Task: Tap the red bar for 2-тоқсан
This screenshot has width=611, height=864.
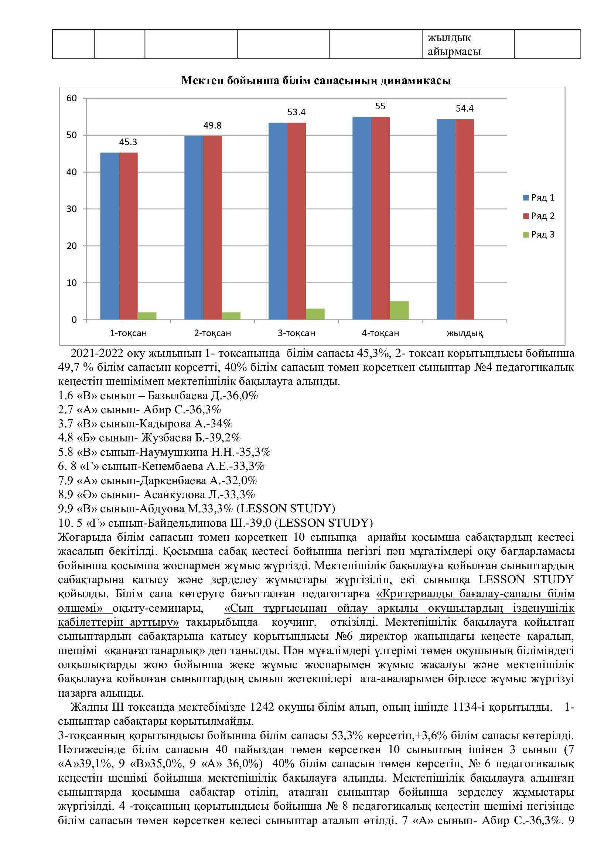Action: coord(212,228)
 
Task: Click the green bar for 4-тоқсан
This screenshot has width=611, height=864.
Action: coord(399,310)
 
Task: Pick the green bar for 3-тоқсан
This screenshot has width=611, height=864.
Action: coord(315,314)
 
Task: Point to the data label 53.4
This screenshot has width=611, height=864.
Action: coord(296,112)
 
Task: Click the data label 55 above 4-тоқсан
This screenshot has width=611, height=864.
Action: coord(380,106)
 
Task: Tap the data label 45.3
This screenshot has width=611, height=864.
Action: coord(128,142)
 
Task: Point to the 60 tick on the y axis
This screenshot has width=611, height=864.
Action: coord(72,98)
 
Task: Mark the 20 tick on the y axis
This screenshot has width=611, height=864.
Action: coord(72,246)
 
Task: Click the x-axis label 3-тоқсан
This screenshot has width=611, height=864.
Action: coord(296,333)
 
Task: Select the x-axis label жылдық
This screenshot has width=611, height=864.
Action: coord(464,333)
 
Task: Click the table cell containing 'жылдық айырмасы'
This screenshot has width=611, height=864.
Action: coord(468,44)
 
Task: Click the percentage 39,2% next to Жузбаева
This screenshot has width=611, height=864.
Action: coord(225,438)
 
